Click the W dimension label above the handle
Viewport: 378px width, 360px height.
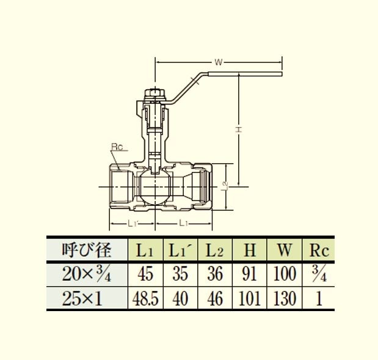pos(218,62)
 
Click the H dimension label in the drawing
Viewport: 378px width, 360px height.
pos(238,129)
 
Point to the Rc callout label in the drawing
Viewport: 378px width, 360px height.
pos(117,147)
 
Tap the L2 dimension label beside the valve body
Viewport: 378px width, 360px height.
pos(225,185)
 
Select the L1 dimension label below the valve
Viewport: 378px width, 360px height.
pos(183,224)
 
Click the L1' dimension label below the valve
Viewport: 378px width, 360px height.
pos(133,224)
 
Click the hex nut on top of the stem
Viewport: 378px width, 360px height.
pos(155,93)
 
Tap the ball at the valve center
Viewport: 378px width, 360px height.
pos(155,187)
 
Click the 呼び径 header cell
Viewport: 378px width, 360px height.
pos(87,250)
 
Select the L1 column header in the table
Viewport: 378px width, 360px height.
pos(145,251)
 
